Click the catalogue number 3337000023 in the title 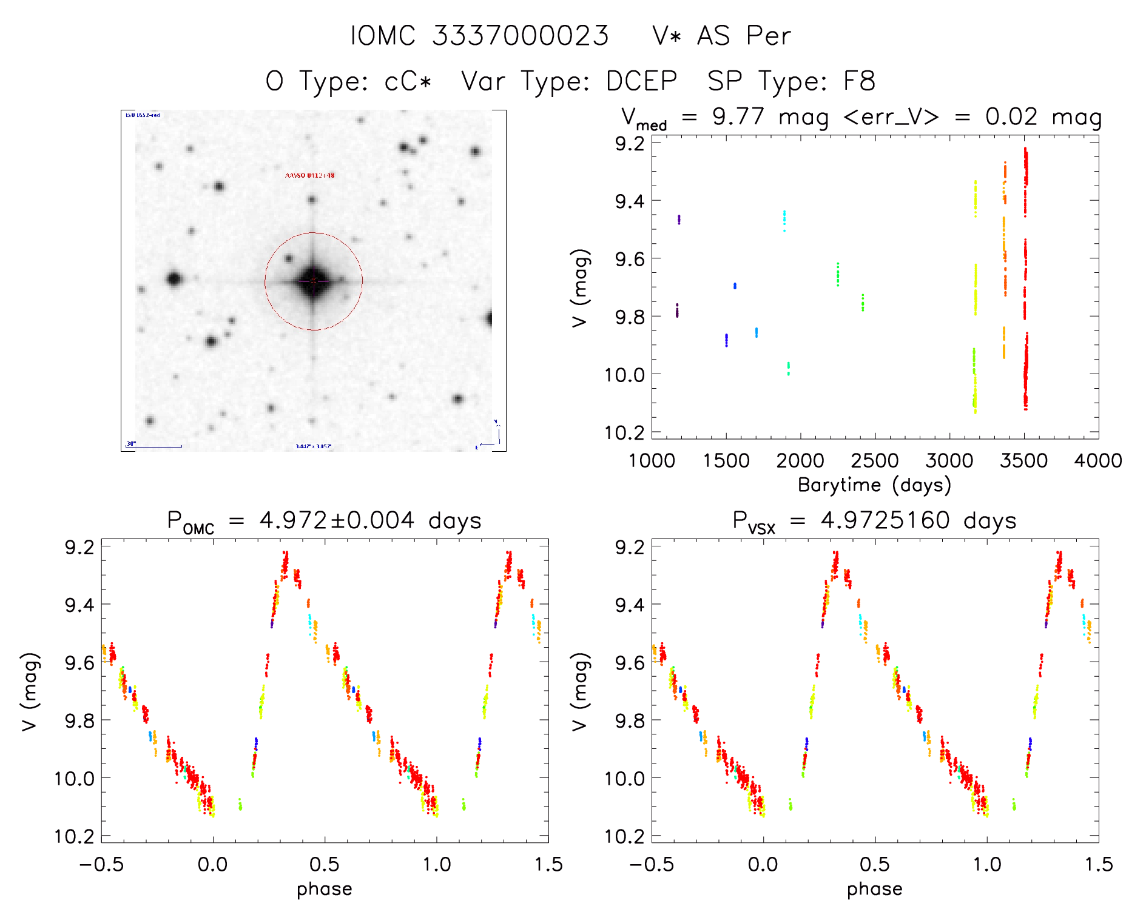520,36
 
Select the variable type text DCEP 641,81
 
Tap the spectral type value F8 859,81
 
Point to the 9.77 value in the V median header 738,116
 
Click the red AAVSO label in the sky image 309,175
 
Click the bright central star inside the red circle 313,281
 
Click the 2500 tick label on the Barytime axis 875,461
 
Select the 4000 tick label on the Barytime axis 1097,461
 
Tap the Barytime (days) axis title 874,485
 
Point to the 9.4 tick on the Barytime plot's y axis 630,201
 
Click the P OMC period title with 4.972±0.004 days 324,521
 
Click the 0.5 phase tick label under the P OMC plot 325,864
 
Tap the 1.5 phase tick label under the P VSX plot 1099,864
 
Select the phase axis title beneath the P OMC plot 324,889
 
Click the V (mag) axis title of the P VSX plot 579,691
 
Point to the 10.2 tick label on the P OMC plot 75,836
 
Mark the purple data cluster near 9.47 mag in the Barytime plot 679,219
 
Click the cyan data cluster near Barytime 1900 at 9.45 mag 784,220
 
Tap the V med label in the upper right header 644,118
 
